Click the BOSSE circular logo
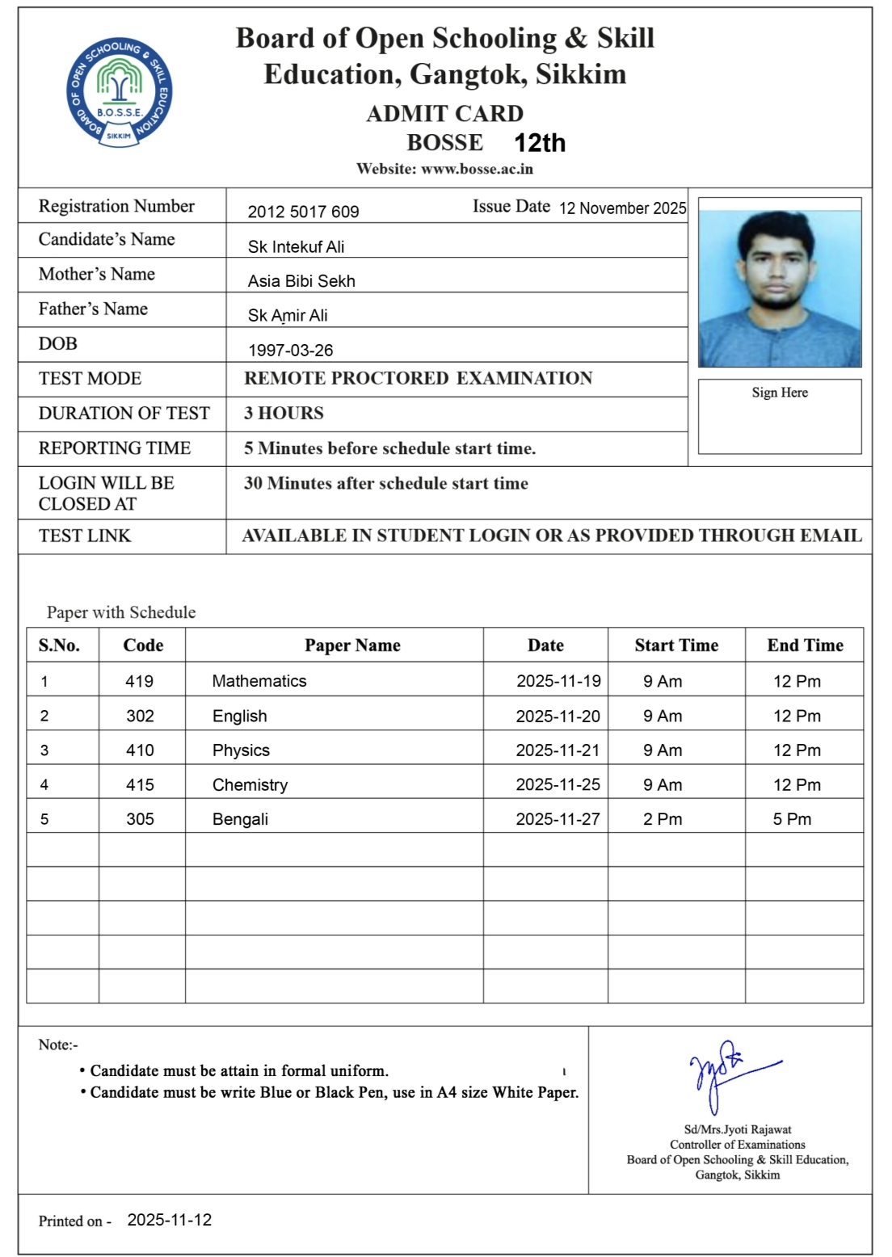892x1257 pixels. point(120,93)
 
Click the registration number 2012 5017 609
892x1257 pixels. point(303,212)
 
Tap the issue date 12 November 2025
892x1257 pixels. point(622,208)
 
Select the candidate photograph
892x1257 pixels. point(780,283)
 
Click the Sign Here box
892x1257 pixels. point(780,416)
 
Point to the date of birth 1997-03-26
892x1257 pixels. point(290,351)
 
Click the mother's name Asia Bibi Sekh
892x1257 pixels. point(301,281)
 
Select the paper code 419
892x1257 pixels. point(139,681)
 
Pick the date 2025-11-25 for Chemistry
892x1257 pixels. point(557,784)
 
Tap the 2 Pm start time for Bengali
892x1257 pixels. point(663,819)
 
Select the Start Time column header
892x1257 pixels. point(676,645)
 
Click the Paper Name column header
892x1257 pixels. point(352,645)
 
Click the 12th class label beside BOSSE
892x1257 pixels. point(540,143)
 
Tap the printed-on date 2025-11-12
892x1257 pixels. point(170,1220)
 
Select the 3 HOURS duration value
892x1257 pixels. point(284,414)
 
